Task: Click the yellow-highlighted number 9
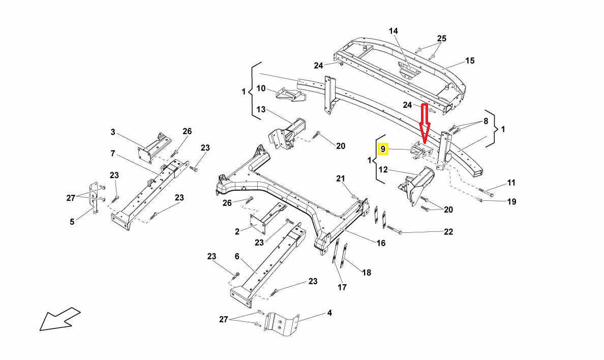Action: click(x=383, y=149)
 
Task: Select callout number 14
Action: click(x=394, y=31)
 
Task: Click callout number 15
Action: click(x=470, y=61)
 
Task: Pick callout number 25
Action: click(x=441, y=39)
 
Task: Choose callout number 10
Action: click(x=261, y=88)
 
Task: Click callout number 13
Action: click(x=261, y=109)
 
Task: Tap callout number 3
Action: click(x=113, y=132)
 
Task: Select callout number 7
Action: click(x=113, y=153)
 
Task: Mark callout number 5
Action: click(x=72, y=221)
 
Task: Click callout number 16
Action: click(x=381, y=243)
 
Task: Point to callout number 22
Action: click(x=448, y=232)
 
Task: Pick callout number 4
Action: click(x=329, y=313)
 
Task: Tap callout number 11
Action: click(x=511, y=183)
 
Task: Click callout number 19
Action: click(x=511, y=201)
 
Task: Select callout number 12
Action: click(x=383, y=169)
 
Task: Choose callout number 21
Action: click(x=340, y=178)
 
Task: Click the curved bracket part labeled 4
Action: click(x=283, y=324)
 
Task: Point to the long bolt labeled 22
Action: click(x=396, y=230)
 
